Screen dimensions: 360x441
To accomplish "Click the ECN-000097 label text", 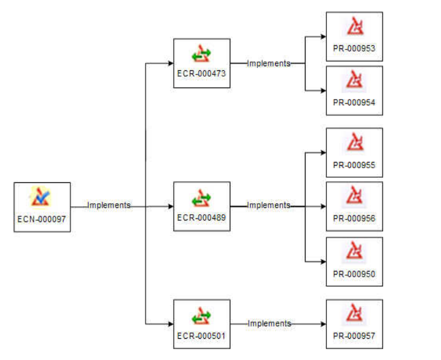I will pos(42,219).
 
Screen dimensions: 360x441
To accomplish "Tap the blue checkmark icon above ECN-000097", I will pos(41,197).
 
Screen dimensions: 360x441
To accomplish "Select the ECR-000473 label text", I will pos(201,73).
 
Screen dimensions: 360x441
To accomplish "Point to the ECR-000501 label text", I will pos(201,336).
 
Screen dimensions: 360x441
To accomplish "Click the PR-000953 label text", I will pos(354,48).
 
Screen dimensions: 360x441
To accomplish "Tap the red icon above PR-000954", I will pos(354,81).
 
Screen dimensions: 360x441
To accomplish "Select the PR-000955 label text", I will pos(354,165).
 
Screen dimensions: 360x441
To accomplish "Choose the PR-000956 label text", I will pos(354,218).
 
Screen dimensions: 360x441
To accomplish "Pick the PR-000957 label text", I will pos(354,336).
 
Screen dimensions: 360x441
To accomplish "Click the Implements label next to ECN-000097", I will pos(109,205).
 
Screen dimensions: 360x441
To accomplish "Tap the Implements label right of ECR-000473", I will pos(268,63).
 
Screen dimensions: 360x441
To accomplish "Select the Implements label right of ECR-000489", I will pos(268,205).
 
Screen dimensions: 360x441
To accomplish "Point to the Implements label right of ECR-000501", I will pos(269,324).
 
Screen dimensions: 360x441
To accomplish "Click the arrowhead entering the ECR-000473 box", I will pos(170,64).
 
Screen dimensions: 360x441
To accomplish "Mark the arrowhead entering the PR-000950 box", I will pos(323,262).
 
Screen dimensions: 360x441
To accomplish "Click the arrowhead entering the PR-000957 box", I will pos(323,324).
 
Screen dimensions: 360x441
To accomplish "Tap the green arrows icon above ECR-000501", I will pos(201,315).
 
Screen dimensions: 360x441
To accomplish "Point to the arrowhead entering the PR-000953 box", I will pos(323,37).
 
